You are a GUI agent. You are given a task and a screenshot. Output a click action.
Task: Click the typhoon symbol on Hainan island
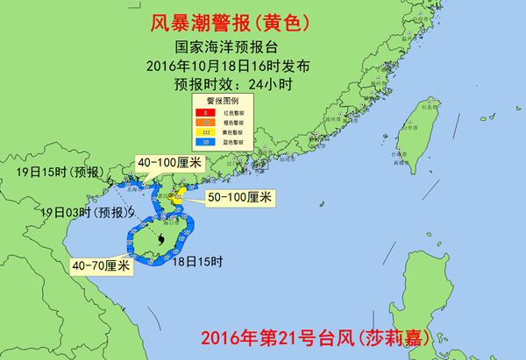point(163,239)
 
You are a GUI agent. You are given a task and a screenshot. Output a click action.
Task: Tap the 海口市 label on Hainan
point(173,222)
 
